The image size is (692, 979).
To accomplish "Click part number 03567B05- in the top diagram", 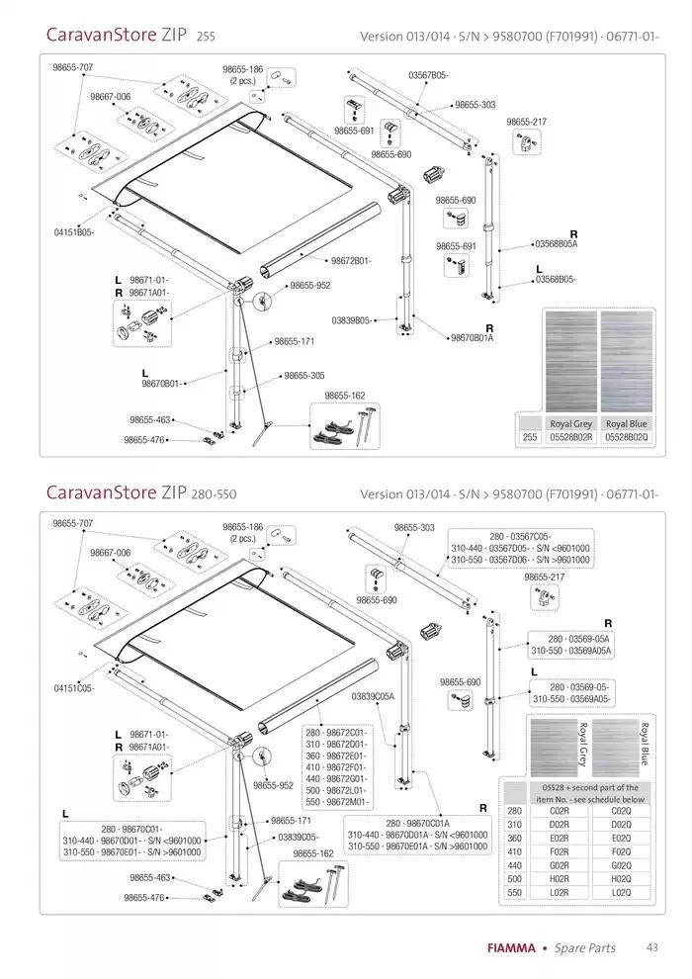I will [x=428, y=75].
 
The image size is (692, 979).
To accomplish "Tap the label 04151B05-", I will [x=74, y=232].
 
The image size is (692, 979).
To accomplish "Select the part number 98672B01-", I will [x=350, y=260].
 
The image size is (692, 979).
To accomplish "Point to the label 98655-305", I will [x=303, y=376].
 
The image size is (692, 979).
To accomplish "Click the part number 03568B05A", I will [x=556, y=243].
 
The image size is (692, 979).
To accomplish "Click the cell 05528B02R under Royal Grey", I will [x=569, y=436].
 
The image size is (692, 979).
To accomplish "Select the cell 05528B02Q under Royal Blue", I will [x=626, y=436].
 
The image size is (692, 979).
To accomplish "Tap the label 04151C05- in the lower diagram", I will [x=74, y=688].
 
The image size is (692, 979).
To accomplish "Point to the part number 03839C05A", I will [x=374, y=696].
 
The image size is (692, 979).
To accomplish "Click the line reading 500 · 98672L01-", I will [x=336, y=792].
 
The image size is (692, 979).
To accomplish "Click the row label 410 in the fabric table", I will [x=514, y=851].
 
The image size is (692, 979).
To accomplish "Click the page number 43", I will [x=651, y=947].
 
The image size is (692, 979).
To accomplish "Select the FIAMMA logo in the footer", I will [x=511, y=948].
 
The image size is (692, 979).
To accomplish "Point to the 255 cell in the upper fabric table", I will [x=530, y=436].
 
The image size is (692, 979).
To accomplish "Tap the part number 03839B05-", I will [x=352, y=320].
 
